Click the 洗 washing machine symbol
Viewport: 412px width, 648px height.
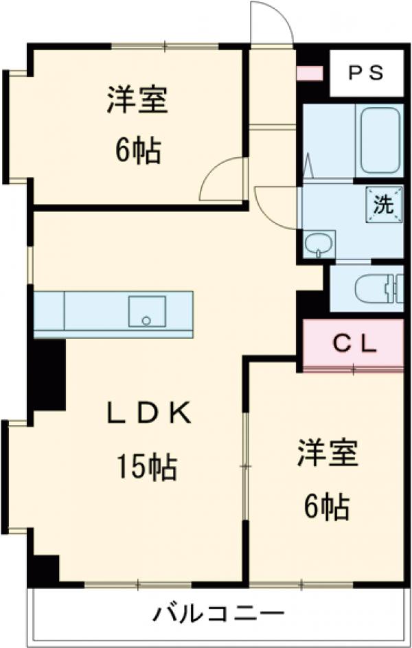(382, 204)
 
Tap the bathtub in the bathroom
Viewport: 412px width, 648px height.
(380, 141)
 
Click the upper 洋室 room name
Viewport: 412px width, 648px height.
(137, 102)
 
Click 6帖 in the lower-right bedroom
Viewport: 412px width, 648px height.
(327, 507)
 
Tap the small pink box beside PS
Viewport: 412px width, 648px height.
(309, 72)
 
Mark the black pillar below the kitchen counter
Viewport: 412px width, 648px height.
(49, 373)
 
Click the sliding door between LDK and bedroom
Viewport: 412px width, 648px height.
(246, 467)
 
